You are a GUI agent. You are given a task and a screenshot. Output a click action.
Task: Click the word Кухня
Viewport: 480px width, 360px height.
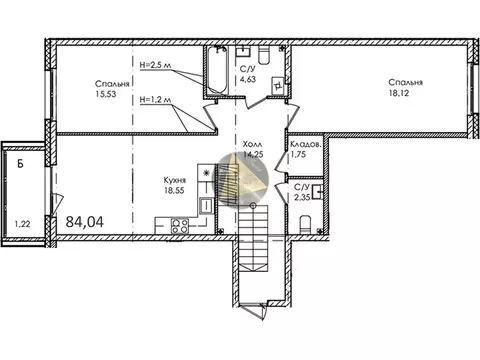[x=179, y=182]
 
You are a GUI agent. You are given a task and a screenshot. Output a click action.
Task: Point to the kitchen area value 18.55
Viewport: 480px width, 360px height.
[x=179, y=192]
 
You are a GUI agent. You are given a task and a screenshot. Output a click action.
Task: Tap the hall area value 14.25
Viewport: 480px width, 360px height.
[x=251, y=155]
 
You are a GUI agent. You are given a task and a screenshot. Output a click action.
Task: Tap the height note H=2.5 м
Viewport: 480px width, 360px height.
[x=158, y=64]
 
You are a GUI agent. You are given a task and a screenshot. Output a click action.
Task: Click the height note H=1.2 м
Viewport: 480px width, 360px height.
[x=158, y=100]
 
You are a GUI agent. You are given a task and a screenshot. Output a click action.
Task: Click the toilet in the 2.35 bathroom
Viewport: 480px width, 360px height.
[x=313, y=222]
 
